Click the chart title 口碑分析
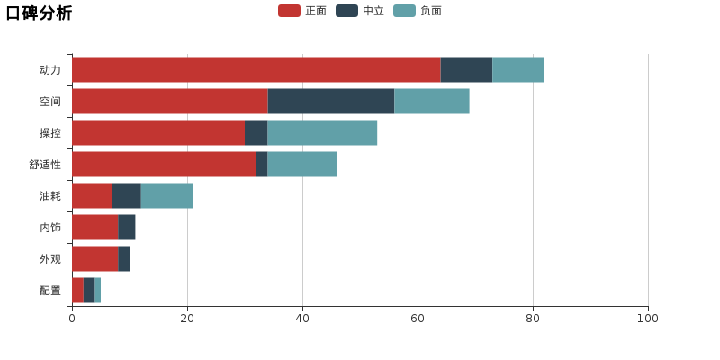tap(39, 13)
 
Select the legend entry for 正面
tap(302, 11)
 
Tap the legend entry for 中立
tap(360, 11)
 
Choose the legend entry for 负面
tap(418, 11)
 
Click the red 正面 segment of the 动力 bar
tap(256, 70)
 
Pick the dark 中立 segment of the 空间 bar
tap(331, 101)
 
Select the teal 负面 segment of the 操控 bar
tap(322, 132)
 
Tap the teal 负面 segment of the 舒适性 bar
tap(302, 164)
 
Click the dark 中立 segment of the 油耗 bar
tap(127, 195)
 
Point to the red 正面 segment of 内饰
tap(95, 228)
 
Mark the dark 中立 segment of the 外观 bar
tap(124, 258)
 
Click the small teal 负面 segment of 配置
tap(98, 290)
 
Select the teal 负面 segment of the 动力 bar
tap(518, 70)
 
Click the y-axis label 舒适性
tap(45, 165)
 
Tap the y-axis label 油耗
tap(50, 196)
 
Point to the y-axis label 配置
tap(50, 291)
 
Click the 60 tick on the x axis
tap(418, 319)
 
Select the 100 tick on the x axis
tap(648, 319)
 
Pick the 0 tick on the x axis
tap(72, 319)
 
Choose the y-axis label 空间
tap(50, 102)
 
